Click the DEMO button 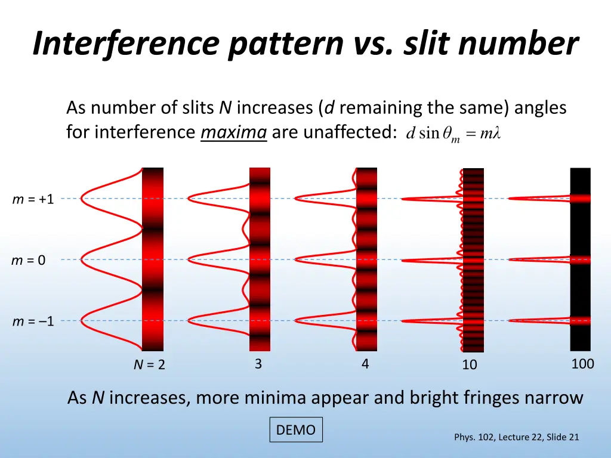(296, 430)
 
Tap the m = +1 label (33, 199)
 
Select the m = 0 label (29, 260)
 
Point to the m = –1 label (33, 322)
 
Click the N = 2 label (149, 365)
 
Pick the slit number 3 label (258, 364)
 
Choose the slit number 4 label (365, 364)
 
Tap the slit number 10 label (470, 364)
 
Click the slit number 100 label (582, 364)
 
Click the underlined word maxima (233, 132)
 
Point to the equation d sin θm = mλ (452, 134)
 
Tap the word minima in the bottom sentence (280, 398)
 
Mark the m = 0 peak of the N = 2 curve (82, 259)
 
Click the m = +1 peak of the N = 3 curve (189, 198)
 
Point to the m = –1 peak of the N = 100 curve (511, 321)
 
